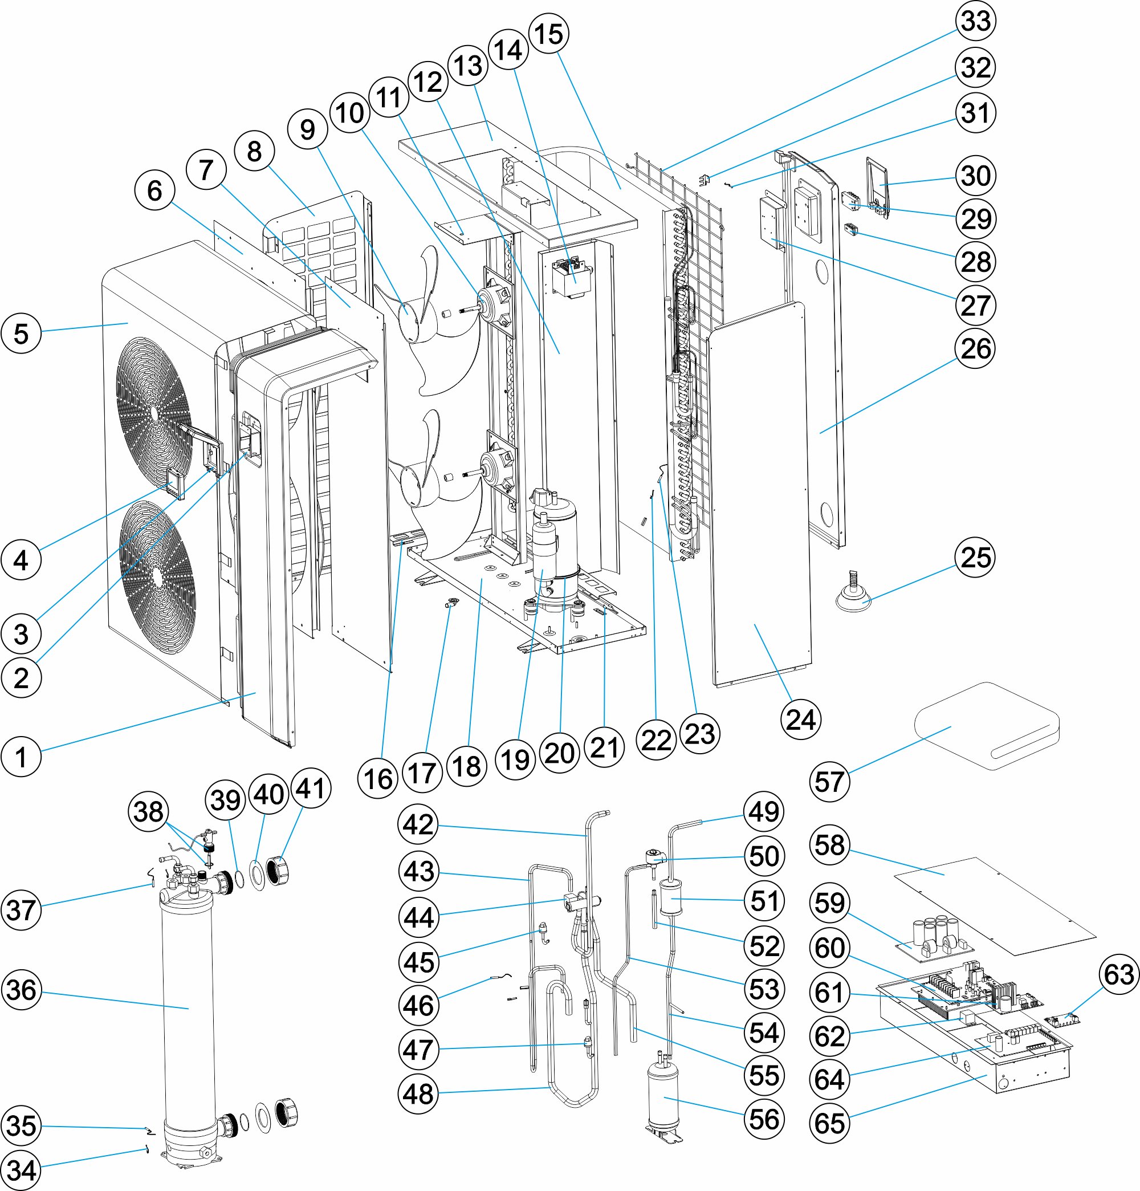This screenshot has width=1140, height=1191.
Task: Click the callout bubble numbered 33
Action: coord(976,21)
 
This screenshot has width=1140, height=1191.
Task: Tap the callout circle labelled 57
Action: coord(829,782)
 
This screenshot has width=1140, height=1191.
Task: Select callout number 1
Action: coord(21,757)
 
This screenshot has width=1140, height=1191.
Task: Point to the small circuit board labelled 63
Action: coord(1064,1018)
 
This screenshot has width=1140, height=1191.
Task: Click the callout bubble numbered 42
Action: coord(418,824)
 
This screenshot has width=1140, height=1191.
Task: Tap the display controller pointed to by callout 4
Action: coord(174,483)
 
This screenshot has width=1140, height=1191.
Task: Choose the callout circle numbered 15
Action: coord(549,34)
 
